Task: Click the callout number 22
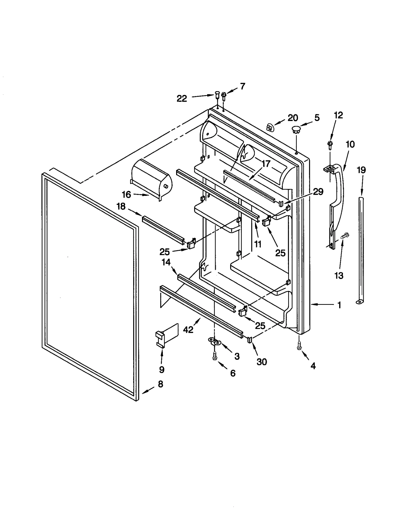pos(182,99)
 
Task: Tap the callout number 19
pos(361,170)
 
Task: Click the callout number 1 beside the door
pos(339,305)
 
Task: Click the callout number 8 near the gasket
pos(161,384)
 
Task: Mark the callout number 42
pos(188,329)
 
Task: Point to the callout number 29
pos(318,192)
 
